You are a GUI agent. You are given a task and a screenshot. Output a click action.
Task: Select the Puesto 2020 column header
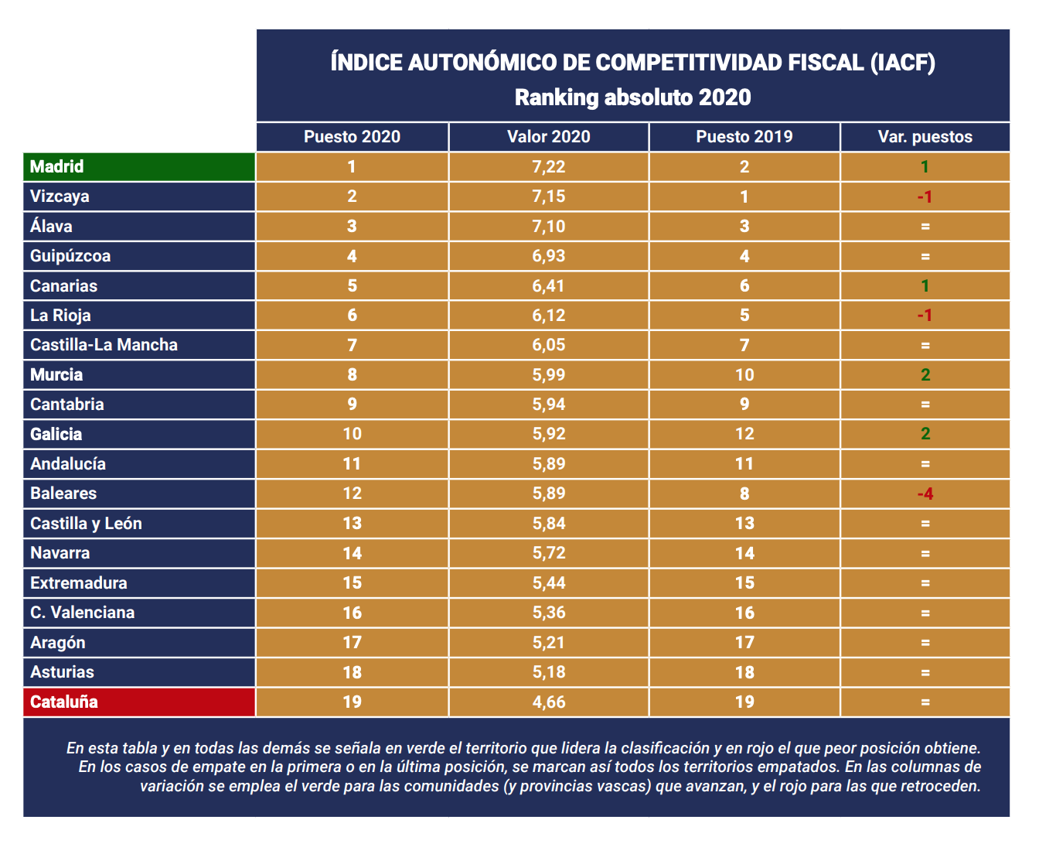tap(352, 137)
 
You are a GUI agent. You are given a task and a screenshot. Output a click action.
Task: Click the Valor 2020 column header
tap(548, 137)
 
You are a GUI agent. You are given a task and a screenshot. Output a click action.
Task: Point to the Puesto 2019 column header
tap(744, 137)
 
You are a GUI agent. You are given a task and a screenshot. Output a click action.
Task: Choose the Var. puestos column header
tap(925, 137)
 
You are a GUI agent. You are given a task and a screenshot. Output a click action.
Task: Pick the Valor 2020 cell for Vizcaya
tap(548, 196)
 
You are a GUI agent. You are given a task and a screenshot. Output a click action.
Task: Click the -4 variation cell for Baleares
tap(925, 494)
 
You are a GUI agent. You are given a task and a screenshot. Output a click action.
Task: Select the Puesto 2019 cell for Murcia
tap(744, 375)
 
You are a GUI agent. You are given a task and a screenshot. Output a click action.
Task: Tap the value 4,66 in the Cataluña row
tap(548, 702)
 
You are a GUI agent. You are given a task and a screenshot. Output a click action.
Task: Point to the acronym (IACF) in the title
tap(902, 63)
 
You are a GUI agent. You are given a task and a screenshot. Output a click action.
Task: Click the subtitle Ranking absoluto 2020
tap(632, 97)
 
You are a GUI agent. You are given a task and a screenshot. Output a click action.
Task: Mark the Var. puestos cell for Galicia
tap(925, 434)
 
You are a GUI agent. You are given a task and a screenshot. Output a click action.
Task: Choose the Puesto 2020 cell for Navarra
tap(352, 553)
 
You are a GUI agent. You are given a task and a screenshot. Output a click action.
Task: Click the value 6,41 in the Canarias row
tap(548, 286)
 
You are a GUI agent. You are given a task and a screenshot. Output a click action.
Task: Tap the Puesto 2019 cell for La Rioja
tap(744, 316)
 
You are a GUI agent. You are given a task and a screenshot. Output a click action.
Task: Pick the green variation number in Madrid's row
tap(925, 167)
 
